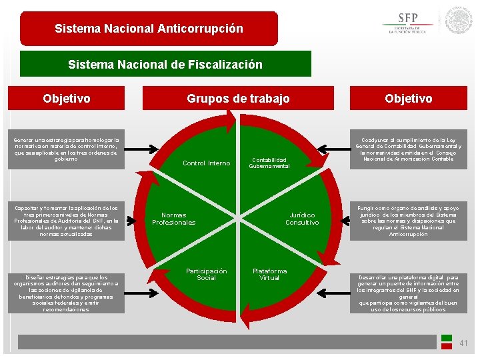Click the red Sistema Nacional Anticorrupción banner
(x=149, y=29)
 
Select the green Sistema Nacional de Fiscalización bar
(x=165, y=65)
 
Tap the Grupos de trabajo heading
(x=238, y=99)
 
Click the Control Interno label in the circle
(x=206, y=163)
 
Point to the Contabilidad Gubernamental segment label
(x=269, y=163)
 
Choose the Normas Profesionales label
(x=174, y=219)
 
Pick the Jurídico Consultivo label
(x=302, y=219)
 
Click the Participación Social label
(x=206, y=274)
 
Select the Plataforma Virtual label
(x=269, y=274)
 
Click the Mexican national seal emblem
(x=459, y=21)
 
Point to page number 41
(x=464, y=343)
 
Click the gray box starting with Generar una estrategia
(x=66, y=150)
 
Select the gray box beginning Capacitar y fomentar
(x=66, y=221)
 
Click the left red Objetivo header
(x=67, y=99)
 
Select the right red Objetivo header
(x=408, y=99)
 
